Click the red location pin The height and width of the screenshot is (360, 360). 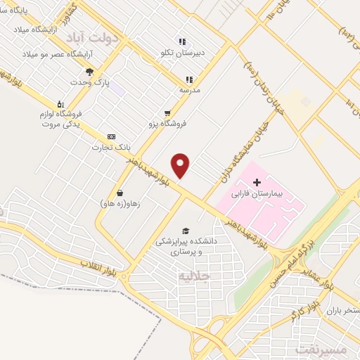pyautogui.click(x=181, y=165)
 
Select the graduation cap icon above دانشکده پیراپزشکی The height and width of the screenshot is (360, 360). pyautogui.click(x=186, y=231)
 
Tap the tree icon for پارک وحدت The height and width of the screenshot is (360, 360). pyautogui.click(x=89, y=72)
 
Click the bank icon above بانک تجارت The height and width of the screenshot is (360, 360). pyautogui.click(x=110, y=136)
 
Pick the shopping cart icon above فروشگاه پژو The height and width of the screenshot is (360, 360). pyautogui.click(x=167, y=112)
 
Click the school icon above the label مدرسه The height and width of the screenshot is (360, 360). pyautogui.click(x=188, y=79)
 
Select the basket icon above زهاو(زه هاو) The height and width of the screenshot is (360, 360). pyautogui.click(x=120, y=193)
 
